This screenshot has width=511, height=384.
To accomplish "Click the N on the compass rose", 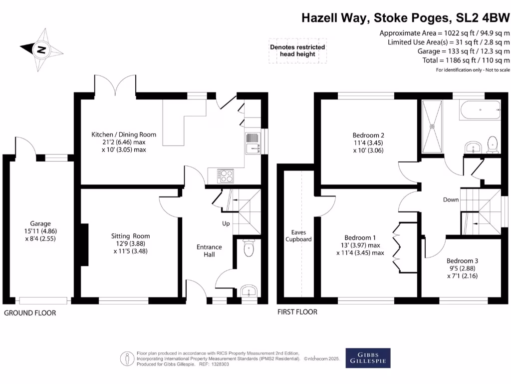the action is pyautogui.click(x=41, y=50).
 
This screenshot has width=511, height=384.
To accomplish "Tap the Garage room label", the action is pyautogui.click(x=40, y=223).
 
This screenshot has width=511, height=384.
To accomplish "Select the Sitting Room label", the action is pyautogui.click(x=130, y=236).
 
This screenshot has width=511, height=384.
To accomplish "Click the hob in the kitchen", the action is pyautogui.click(x=226, y=176).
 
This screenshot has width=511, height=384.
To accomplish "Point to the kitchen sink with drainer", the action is pyautogui.click(x=253, y=143).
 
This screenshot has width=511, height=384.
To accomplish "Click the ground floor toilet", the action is pyautogui.click(x=249, y=248).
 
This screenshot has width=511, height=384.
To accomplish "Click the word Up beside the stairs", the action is pyautogui.click(x=226, y=223).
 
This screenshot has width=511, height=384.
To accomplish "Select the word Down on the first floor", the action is pyautogui.click(x=451, y=200).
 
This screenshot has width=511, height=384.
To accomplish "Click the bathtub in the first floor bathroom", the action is pyautogui.click(x=480, y=110).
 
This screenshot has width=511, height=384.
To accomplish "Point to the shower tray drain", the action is pyautogui.click(x=433, y=126).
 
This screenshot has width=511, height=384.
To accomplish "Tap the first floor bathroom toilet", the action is pyautogui.click(x=493, y=145).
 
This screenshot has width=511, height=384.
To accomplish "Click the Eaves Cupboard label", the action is pyautogui.click(x=298, y=236).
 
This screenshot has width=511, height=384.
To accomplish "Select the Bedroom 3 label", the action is pyautogui.click(x=462, y=261).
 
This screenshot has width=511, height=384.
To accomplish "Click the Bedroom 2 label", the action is pyautogui.click(x=368, y=135).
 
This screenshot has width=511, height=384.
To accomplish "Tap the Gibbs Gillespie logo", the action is pyautogui.click(x=368, y=358).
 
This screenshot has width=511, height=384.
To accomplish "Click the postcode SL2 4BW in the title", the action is pyautogui.click(x=483, y=18).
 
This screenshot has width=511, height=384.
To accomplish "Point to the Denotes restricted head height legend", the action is pyautogui.click(x=297, y=50).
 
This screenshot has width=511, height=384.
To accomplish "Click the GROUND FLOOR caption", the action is pyautogui.click(x=30, y=313).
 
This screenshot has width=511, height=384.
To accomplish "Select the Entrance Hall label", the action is pyautogui.click(x=209, y=251).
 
